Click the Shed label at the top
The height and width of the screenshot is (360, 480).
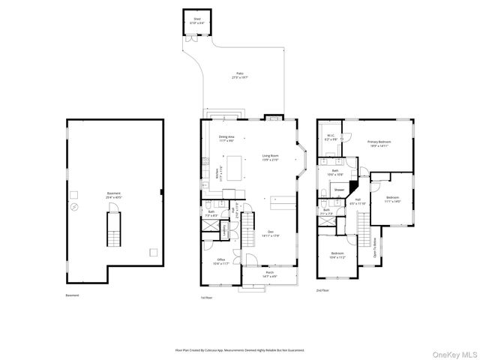pyautogui.click(x=197, y=20)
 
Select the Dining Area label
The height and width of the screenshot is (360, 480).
pyautogui.click(x=226, y=138)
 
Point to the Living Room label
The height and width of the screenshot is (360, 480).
pyautogui.click(x=270, y=158)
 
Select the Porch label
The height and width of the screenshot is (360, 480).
pyautogui.click(x=270, y=275)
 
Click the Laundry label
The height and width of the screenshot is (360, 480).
pyautogui.click(x=225, y=232)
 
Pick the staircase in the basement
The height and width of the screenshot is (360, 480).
pyautogui.click(x=113, y=229)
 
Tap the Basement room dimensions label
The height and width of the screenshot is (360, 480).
pyautogui.click(x=113, y=195)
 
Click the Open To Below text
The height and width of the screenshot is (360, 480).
pyautogui.click(x=374, y=247)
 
